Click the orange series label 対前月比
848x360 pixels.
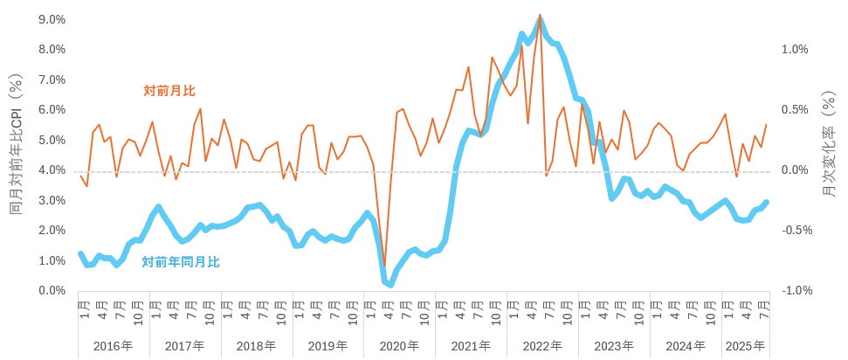tap(169, 91)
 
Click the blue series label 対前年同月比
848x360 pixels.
tap(181, 261)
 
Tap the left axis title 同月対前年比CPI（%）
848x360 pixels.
tap(16, 146)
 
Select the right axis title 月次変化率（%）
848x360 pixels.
tap(829, 146)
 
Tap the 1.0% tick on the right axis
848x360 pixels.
tap(795, 50)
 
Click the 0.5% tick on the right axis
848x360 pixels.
tap(795, 110)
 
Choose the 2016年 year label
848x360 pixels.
tap(114, 346)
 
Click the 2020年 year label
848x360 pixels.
tap(399, 346)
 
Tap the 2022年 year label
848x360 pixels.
tap(542, 346)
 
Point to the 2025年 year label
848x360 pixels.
tap(745, 346)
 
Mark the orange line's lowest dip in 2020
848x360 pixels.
tap(384, 266)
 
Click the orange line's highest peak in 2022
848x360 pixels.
tap(541, 15)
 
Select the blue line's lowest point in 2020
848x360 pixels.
tap(390, 284)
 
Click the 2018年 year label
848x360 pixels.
tap(257, 346)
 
